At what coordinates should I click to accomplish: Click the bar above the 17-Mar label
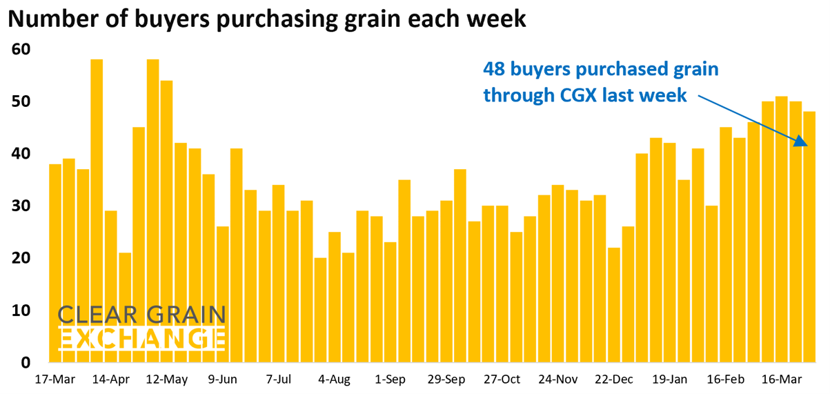coord(55,263)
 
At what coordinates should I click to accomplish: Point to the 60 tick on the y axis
coord(21,50)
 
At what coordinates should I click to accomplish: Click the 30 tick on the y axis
coord(21,206)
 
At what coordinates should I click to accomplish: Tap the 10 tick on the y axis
coord(21,311)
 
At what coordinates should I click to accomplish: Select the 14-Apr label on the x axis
coord(111,380)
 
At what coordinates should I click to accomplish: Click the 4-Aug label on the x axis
coord(335,380)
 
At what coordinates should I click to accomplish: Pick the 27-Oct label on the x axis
coord(502,380)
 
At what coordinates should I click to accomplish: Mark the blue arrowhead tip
coord(807,146)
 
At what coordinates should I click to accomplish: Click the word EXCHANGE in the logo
coord(141,339)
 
